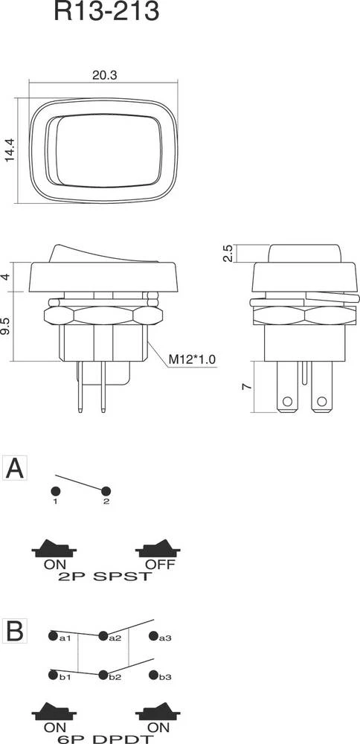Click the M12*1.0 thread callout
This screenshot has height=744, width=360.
190,360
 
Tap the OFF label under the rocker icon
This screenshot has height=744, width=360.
159,565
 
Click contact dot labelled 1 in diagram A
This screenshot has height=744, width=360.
55,491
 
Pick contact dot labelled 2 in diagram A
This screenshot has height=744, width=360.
106,491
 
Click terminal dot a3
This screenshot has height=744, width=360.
153,636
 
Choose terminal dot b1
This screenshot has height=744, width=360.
53,675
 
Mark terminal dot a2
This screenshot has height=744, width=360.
103,636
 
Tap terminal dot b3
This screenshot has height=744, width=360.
153,675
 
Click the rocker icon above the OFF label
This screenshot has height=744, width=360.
159,548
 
